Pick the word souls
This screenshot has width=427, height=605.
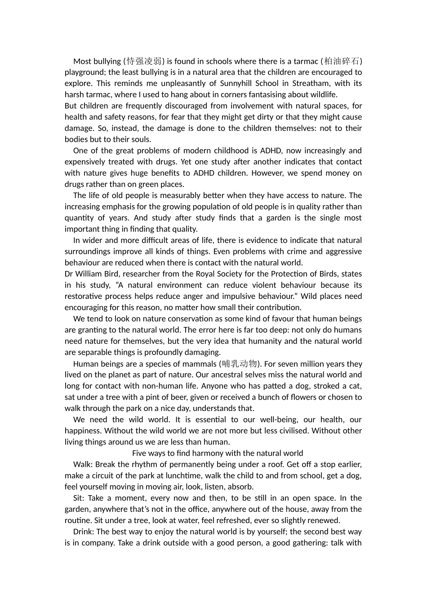point(140,140)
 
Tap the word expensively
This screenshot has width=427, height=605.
point(87,162)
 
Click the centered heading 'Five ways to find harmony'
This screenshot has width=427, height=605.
point(218,453)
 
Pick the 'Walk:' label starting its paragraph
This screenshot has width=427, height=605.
point(83,465)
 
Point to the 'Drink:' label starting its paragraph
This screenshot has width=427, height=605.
point(84,532)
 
